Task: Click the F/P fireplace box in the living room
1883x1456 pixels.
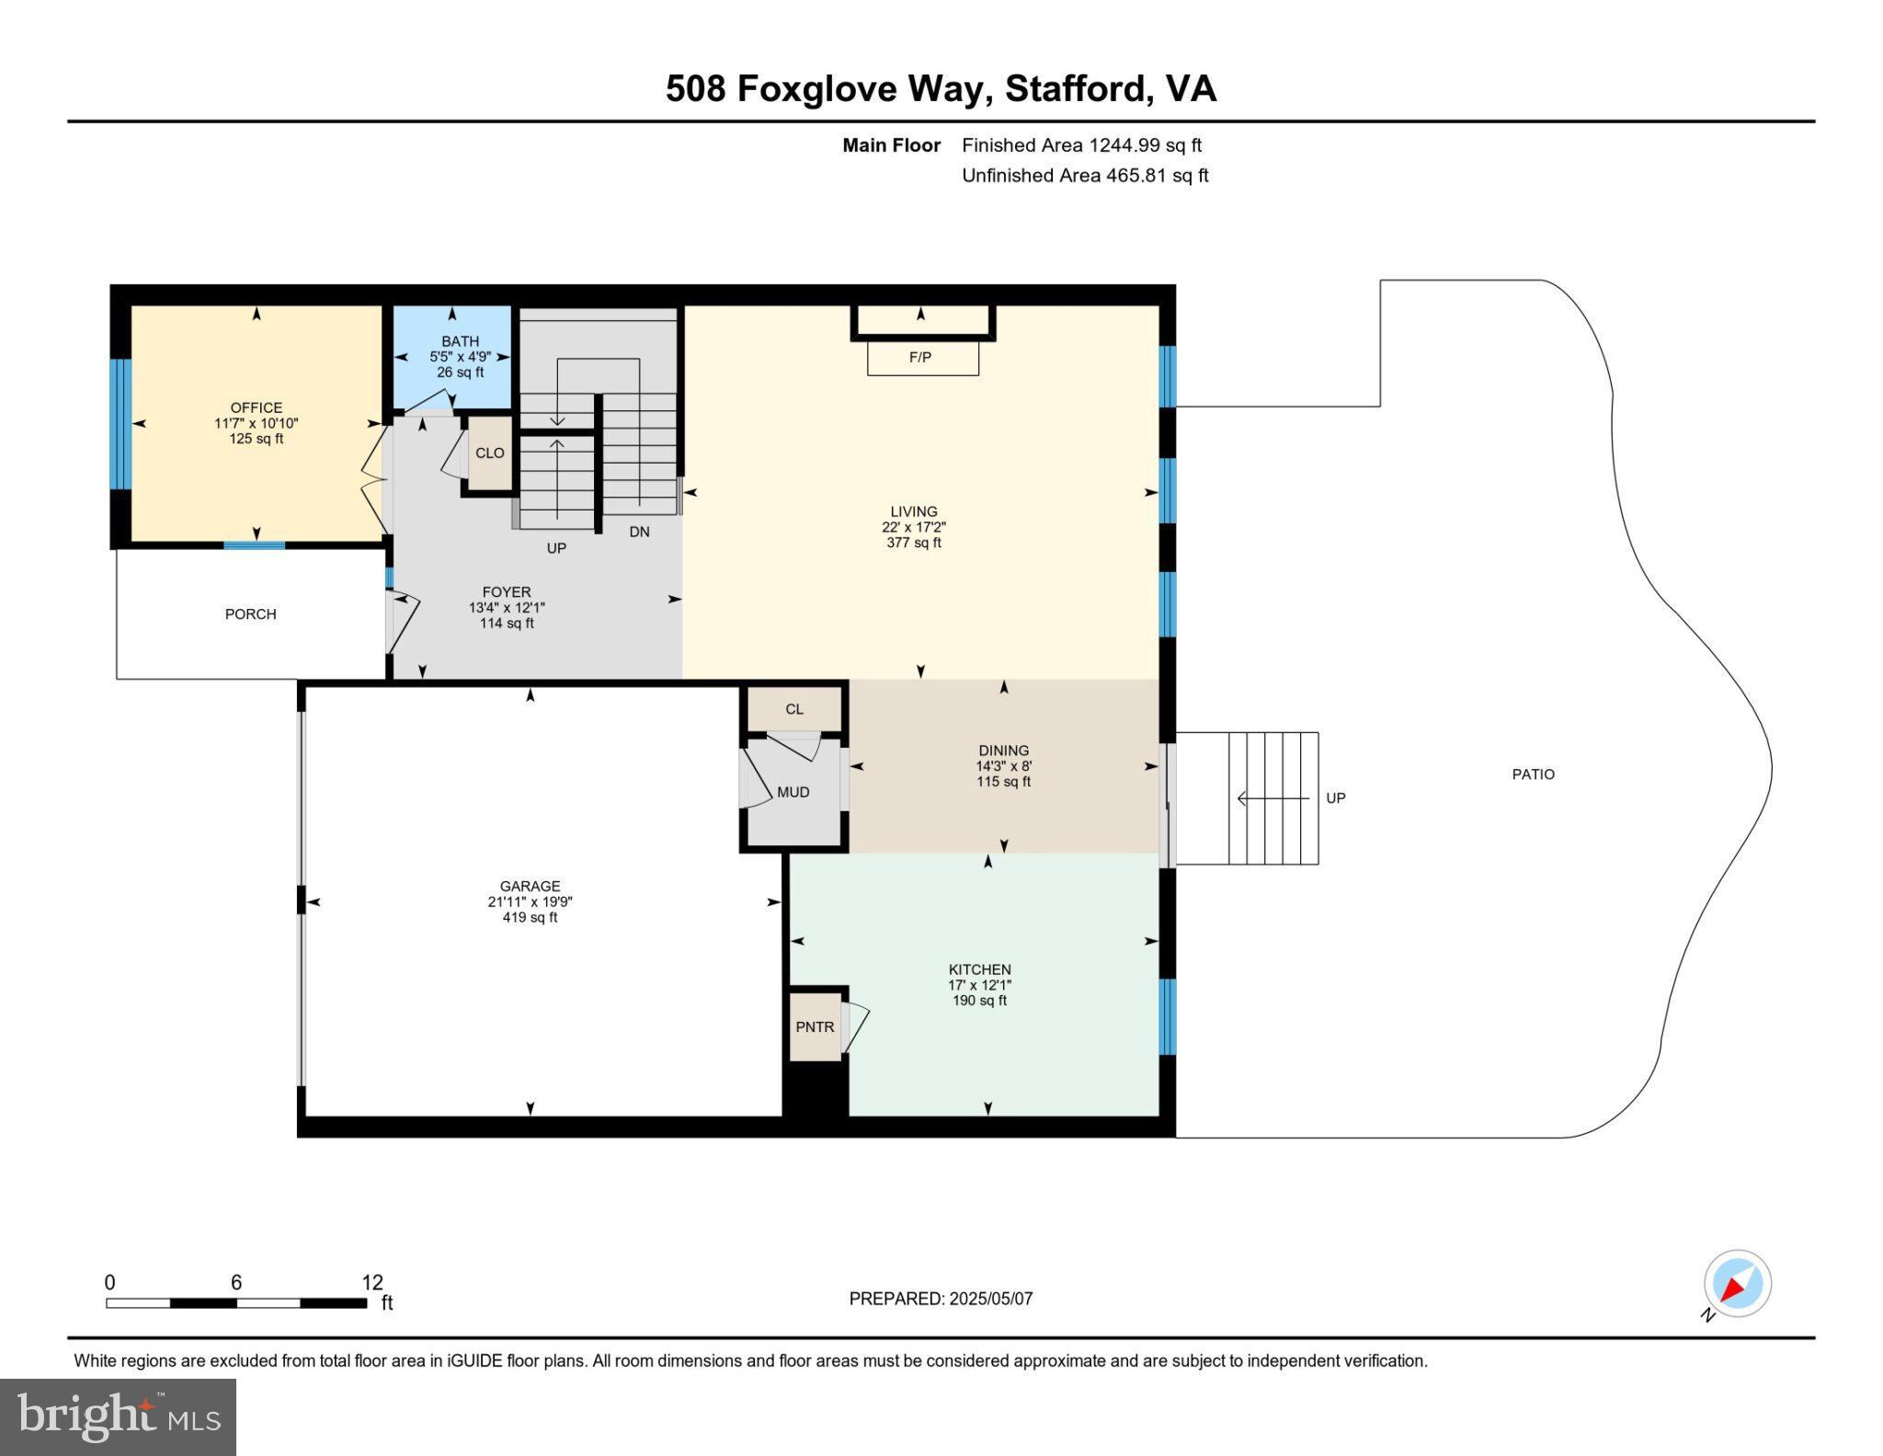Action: [922, 357]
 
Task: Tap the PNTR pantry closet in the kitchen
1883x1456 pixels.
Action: [816, 1026]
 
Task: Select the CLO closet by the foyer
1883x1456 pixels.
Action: [489, 453]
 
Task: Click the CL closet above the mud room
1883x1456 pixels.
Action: [794, 709]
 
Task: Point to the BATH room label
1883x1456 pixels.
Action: [460, 341]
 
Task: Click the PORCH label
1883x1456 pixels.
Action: [250, 614]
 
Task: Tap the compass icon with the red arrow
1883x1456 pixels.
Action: [1737, 1284]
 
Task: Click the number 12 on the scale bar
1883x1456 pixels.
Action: [371, 1282]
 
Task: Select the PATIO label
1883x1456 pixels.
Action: [1533, 774]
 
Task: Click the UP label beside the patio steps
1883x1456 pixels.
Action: [1335, 798]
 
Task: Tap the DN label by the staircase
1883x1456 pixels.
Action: [639, 532]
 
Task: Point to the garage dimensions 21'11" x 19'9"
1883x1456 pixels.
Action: [530, 902]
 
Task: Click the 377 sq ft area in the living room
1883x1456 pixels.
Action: [913, 543]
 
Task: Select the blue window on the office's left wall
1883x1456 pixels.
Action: [120, 423]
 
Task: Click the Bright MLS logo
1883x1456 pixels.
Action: [118, 1416]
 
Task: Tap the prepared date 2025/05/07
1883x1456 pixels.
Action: [990, 1299]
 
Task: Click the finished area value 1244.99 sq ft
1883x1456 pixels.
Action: [1145, 145]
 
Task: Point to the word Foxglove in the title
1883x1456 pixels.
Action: [817, 88]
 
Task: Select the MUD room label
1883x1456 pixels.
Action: [793, 792]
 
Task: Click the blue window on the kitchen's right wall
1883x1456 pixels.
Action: [1167, 1016]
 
